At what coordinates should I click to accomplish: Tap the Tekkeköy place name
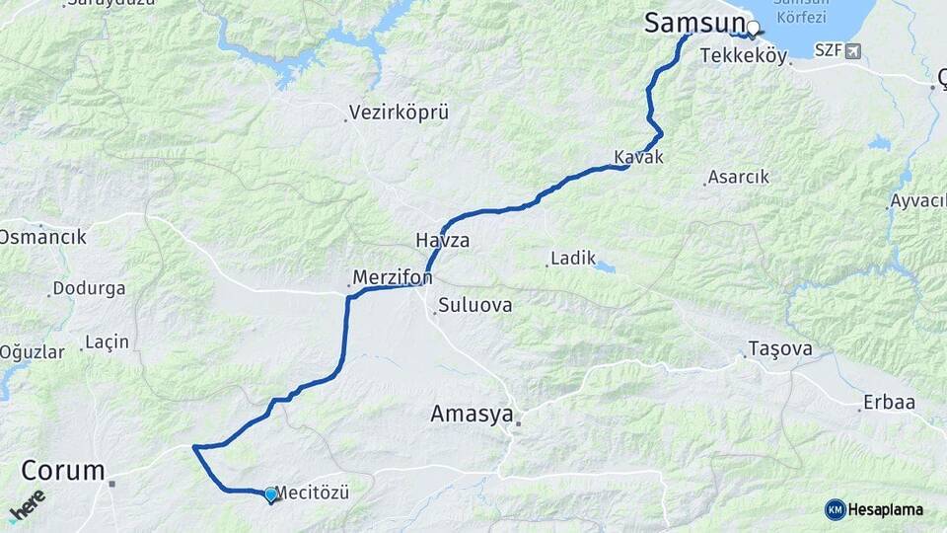click(743, 56)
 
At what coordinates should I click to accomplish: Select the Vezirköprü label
click(400, 113)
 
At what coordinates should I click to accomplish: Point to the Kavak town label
click(638, 157)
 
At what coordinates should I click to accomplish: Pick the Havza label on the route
click(442, 241)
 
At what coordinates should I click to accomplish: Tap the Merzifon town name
click(393, 278)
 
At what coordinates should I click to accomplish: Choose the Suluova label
click(475, 305)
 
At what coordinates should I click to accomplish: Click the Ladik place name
click(574, 259)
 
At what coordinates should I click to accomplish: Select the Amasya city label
click(472, 415)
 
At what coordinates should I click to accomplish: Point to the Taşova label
click(780, 348)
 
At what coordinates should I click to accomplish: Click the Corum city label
click(63, 470)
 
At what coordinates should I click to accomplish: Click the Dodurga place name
click(90, 289)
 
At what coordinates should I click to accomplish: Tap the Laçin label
click(108, 342)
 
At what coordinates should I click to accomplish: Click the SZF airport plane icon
click(852, 50)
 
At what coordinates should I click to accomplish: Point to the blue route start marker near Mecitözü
click(270, 494)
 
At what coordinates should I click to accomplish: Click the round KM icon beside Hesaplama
click(836, 509)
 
